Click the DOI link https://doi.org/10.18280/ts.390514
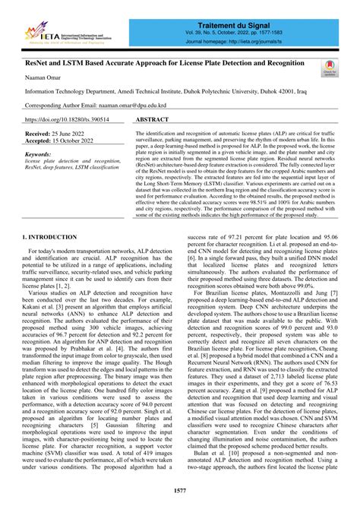pos(68,120)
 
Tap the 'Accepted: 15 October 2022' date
pos(62,141)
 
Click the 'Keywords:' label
pos(41,153)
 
